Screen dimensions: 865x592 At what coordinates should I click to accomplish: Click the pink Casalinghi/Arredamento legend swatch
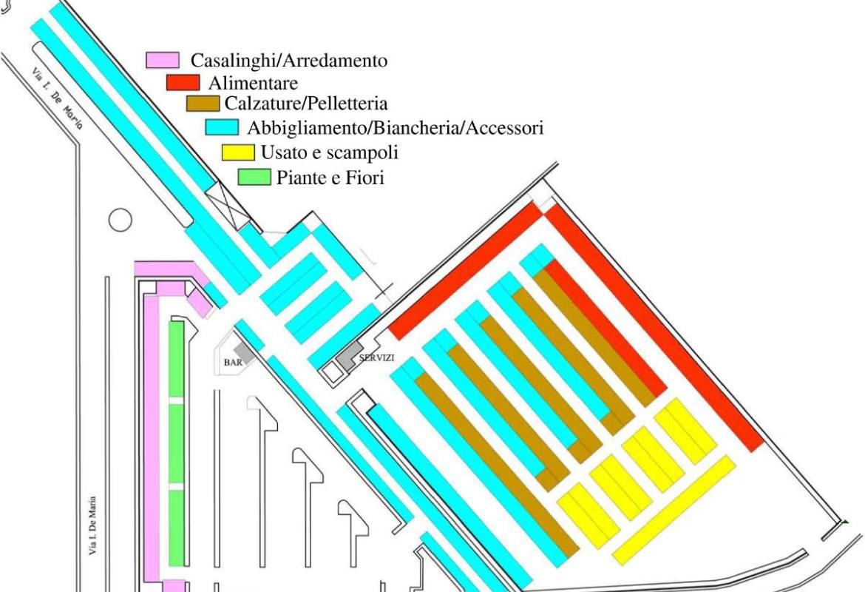pyautogui.click(x=163, y=60)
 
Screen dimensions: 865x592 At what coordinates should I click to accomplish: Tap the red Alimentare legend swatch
pyautogui.click(x=183, y=82)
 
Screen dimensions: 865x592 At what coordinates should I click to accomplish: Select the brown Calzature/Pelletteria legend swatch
pyautogui.click(x=203, y=104)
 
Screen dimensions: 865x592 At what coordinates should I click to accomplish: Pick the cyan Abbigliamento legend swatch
pyautogui.click(x=223, y=127)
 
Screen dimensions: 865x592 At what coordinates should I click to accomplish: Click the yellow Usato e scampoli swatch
pyautogui.click(x=238, y=152)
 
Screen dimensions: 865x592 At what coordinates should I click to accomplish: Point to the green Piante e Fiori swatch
pyautogui.click(x=254, y=178)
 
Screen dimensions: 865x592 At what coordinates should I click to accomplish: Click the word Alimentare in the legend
pyautogui.click(x=253, y=83)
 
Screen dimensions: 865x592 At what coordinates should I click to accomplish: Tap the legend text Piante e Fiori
pyautogui.click(x=330, y=178)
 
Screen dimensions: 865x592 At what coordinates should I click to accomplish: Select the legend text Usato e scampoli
pyautogui.click(x=329, y=152)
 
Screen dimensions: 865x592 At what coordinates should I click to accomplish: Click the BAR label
pyautogui.click(x=233, y=363)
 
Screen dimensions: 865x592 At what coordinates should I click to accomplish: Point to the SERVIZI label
pyautogui.click(x=377, y=358)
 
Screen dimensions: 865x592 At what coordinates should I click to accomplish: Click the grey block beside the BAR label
pyautogui.click(x=244, y=353)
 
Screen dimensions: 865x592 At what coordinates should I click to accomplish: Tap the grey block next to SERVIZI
pyautogui.click(x=349, y=356)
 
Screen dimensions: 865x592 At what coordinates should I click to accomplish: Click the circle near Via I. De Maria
pyautogui.click(x=121, y=220)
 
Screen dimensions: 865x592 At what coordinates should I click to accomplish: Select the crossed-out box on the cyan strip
pyautogui.click(x=227, y=206)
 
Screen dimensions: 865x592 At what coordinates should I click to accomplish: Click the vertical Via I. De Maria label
pyautogui.click(x=93, y=525)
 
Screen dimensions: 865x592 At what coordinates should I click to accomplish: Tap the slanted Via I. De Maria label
pyautogui.click(x=57, y=98)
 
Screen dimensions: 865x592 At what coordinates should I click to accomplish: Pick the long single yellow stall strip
pyautogui.click(x=674, y=511)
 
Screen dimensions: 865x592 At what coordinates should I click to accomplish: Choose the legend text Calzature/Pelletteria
pyautogui.click(x=306, y=104)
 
